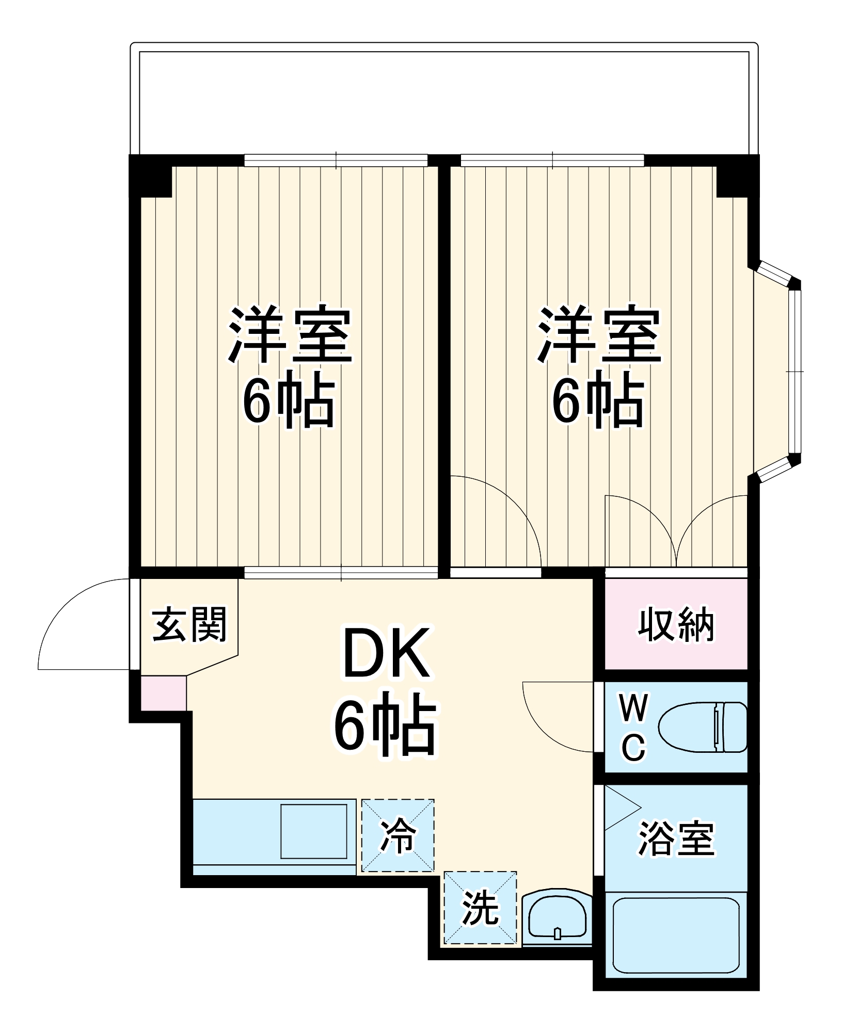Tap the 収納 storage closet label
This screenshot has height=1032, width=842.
(676, 625)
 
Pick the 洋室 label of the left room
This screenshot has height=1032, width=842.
(290, 335)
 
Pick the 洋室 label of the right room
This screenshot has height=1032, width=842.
(599, 335)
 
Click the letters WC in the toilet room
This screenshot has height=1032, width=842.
(633, 728)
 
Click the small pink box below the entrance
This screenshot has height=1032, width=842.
(163, 693)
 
